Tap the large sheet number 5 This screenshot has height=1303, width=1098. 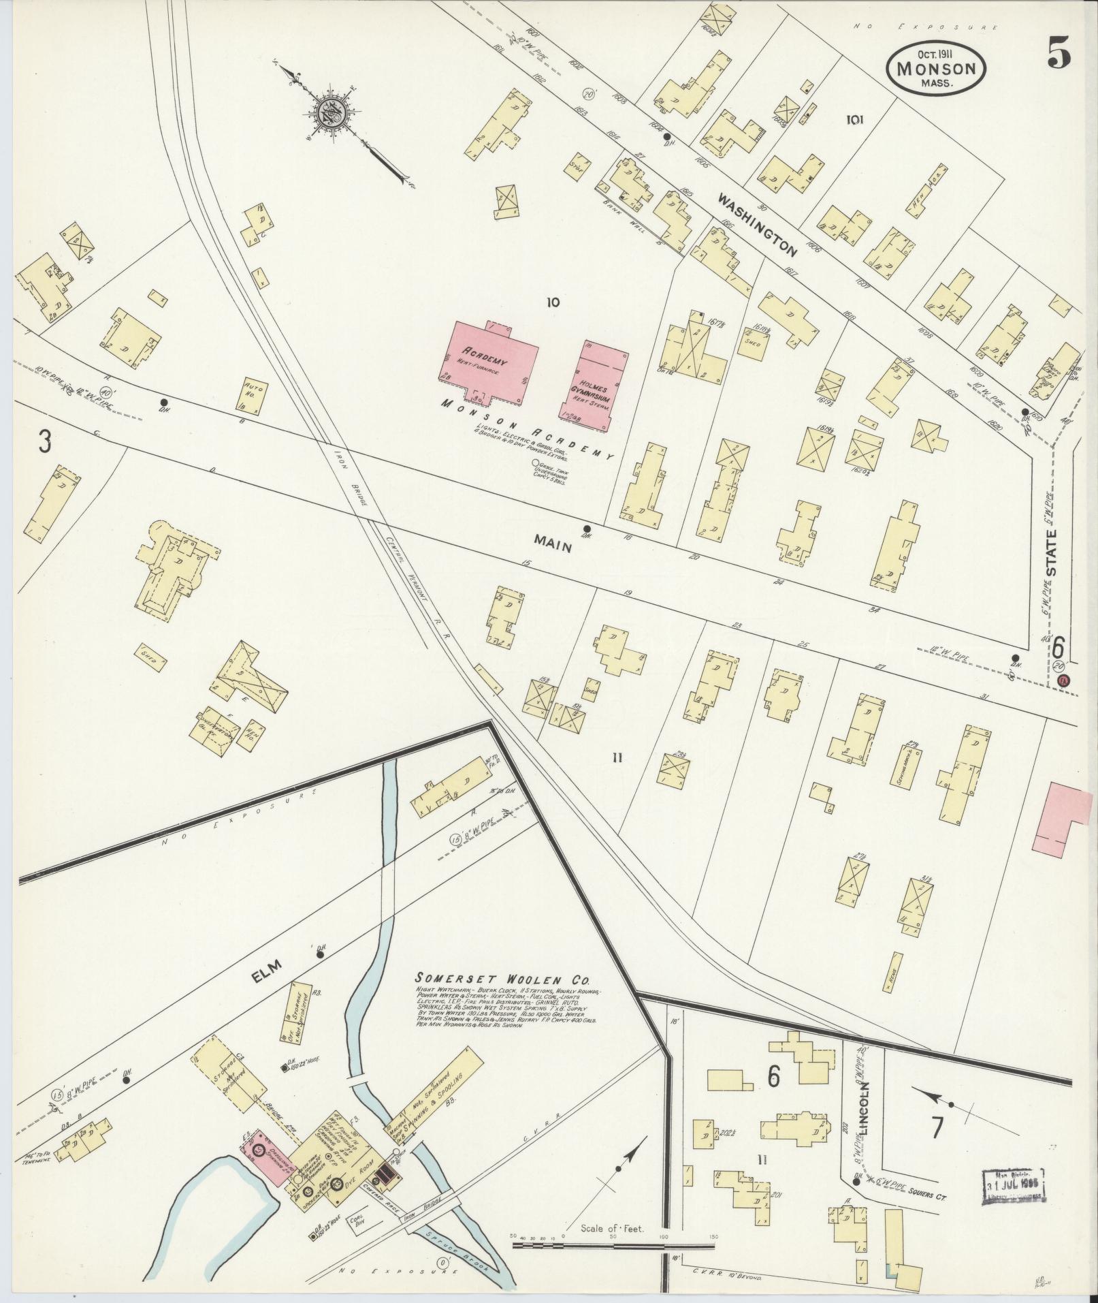(1059, 53)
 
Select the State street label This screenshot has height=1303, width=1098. (1052, 552)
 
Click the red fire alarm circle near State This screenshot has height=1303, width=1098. (1064, 680)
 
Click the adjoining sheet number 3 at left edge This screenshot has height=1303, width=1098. (44, 443)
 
